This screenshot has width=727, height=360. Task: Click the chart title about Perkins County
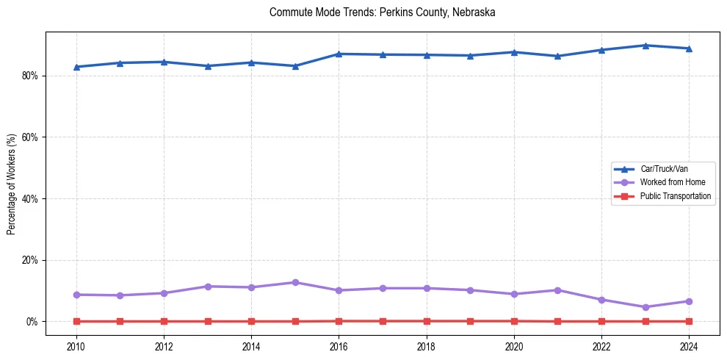pos(383,12)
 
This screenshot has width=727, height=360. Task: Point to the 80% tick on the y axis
pos(31,76)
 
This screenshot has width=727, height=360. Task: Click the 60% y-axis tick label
pos(31,137)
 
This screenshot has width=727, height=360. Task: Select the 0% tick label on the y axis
pos(33,322)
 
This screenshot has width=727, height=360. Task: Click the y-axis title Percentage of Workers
pos(12,184)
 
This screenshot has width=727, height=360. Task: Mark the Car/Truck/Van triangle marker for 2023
pos(645,46)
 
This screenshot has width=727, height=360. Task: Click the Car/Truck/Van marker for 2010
pos(76,67)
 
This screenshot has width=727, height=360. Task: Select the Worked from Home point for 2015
pos(295,282)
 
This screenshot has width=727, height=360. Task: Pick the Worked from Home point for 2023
pos(645,307)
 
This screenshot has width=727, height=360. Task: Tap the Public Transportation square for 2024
pos(689,321)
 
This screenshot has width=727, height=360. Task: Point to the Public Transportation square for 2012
pos(164,321)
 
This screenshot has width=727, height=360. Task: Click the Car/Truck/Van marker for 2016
pos(339,54)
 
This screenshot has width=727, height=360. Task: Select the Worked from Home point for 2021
pos(557,290)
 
